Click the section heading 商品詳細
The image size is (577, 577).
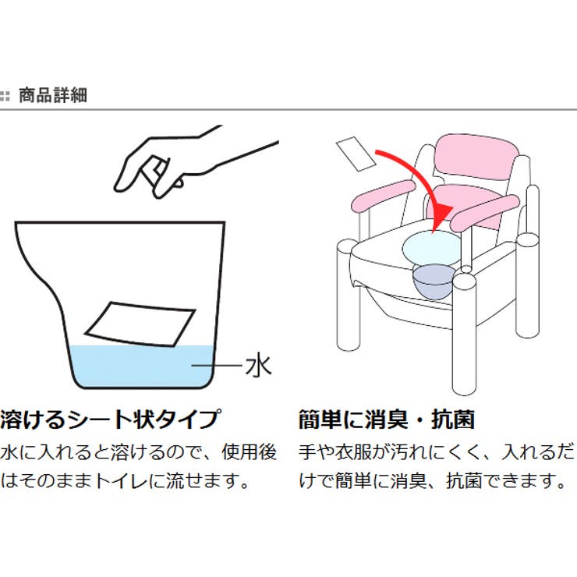(52, 96)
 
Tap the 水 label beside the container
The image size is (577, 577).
(258, 365)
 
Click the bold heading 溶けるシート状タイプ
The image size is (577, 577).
(110, 419)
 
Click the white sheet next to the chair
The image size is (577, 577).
(356, 154)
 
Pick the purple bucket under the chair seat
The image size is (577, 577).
(431, 281)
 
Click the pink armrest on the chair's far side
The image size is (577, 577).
(382, 196)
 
